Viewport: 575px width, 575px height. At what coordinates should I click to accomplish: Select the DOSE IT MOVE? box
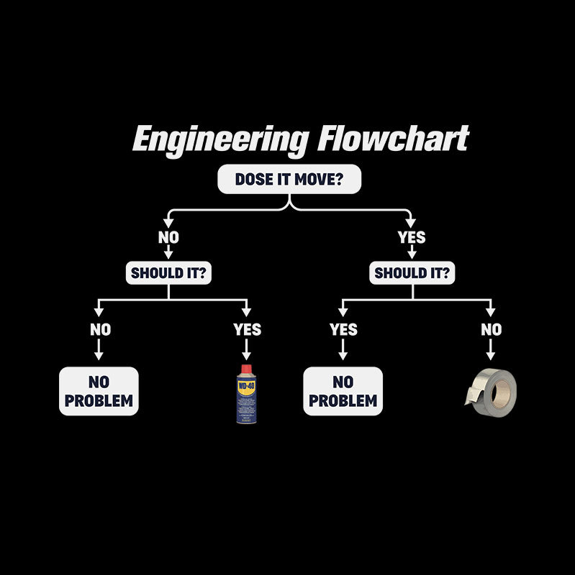[289, 180]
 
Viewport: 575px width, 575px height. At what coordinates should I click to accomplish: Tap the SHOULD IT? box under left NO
[169, 273]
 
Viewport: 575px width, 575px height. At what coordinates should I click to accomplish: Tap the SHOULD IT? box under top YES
[413, 273]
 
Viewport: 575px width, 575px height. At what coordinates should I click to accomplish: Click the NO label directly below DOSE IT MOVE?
[169, 236]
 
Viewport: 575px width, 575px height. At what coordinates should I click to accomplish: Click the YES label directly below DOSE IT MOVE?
[412, 236]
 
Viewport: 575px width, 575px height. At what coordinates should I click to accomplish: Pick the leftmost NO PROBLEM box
[99, 391]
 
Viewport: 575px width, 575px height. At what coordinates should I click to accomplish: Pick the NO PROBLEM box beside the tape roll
[343, 391]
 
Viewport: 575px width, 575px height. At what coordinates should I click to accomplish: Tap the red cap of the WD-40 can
[247, 369]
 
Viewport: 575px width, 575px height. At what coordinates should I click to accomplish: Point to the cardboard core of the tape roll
[503, 391]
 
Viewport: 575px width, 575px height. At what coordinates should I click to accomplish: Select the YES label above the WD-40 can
[247, 330]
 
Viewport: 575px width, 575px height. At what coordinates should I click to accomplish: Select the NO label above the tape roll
[491, 330]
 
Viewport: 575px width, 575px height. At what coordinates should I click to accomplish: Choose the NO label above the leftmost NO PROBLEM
[100, 330]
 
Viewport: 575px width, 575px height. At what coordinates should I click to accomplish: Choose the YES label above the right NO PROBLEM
[343, 330]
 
